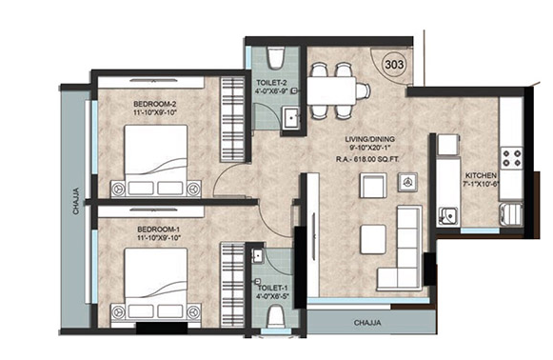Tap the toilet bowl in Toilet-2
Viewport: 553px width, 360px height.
point(276,58)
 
